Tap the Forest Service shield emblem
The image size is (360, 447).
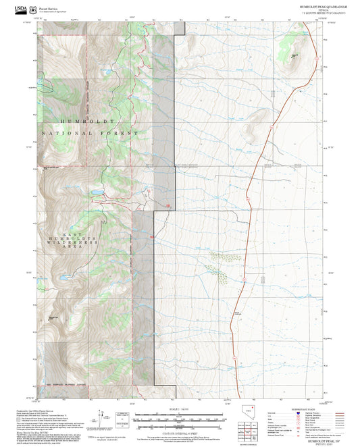(33, 9)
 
